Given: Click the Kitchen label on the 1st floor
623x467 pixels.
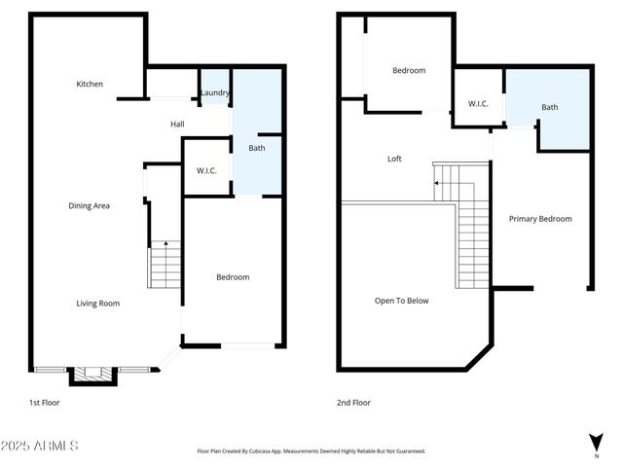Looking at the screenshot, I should point(90,85).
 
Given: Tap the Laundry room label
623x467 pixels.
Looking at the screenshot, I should point(214,93).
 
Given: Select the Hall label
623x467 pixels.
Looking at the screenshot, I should point(177,125).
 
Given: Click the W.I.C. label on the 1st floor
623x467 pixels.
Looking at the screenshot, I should point(206,171).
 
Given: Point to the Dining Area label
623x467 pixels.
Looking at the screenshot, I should point(89,205).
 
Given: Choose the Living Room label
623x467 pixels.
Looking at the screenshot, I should point(98,304).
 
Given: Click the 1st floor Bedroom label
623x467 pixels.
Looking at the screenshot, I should point(232,277).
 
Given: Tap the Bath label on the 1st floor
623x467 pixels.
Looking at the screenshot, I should point(256,149).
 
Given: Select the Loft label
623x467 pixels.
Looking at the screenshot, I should point(394,159).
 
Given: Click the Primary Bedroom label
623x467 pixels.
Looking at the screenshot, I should point(540,219).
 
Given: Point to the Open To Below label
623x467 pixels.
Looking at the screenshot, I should point(402,301).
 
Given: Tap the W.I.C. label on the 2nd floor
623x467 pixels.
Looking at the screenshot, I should point(478,103).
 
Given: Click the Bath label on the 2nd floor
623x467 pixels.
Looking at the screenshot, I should point(550,107).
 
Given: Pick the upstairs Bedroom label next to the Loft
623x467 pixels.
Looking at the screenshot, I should point(409,70).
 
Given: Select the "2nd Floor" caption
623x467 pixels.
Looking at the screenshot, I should point(354,402).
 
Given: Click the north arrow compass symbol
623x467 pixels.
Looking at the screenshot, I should point(596,444).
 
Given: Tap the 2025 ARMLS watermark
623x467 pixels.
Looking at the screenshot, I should point(40,446).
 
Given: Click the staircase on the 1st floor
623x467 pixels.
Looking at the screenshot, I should point(165,264).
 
